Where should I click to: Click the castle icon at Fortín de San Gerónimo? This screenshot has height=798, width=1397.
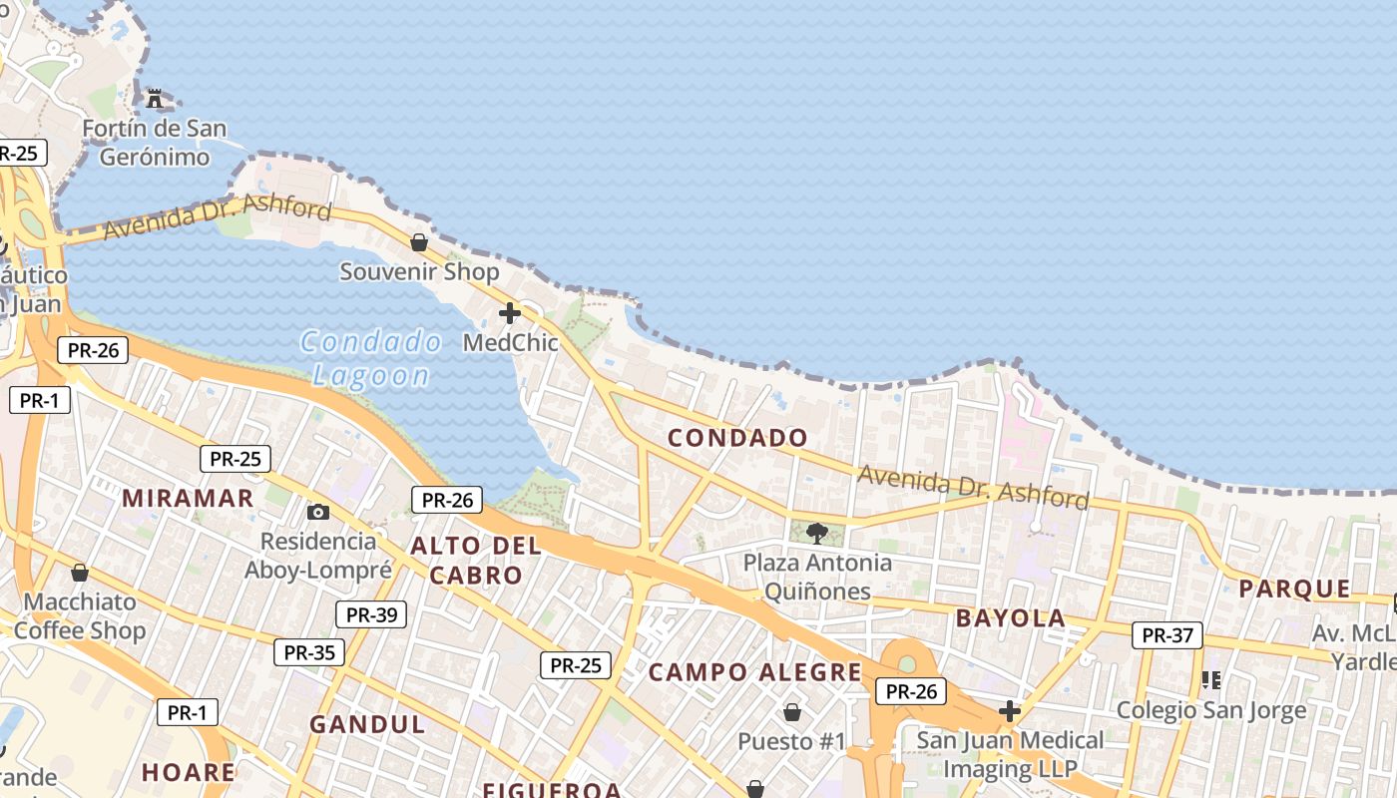(x=155, y=98)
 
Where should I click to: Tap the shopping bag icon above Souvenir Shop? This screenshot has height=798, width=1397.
(x=419, y=242)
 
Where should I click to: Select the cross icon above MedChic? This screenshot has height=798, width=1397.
(x=510, y=313)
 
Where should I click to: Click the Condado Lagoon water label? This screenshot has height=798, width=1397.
(x=370, y=359)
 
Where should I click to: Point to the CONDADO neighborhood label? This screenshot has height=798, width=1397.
(x=737, y=438)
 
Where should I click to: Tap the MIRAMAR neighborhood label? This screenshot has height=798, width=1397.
(x=188, y=499)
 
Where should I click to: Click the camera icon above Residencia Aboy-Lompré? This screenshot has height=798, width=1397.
(x=318, y=512)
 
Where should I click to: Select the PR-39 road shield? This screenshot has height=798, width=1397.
(x=371, y=614)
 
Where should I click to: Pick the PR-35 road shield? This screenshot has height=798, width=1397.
(x=309, y=652)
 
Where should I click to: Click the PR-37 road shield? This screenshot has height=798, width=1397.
(x=1167, y=634)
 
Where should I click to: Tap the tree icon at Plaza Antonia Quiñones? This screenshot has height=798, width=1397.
(x=817, y=533)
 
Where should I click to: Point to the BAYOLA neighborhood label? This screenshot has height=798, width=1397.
(x=1011, y=618)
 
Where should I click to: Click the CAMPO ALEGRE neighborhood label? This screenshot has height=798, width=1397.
(x=754, y=672)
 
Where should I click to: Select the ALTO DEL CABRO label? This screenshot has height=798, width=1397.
(x=476, y=561)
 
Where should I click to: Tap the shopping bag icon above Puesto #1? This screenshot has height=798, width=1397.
(x=792, y=712)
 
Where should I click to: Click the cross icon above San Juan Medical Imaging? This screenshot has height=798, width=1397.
(x=1010, y=711)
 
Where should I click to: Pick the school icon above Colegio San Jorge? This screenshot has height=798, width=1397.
(x=1211, y=680)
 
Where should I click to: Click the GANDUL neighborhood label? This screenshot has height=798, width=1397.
(x=367, y=725)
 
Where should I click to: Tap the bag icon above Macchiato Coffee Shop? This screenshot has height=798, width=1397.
(x=80, y=573)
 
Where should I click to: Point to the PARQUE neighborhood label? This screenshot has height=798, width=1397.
(x=1294, y=590)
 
